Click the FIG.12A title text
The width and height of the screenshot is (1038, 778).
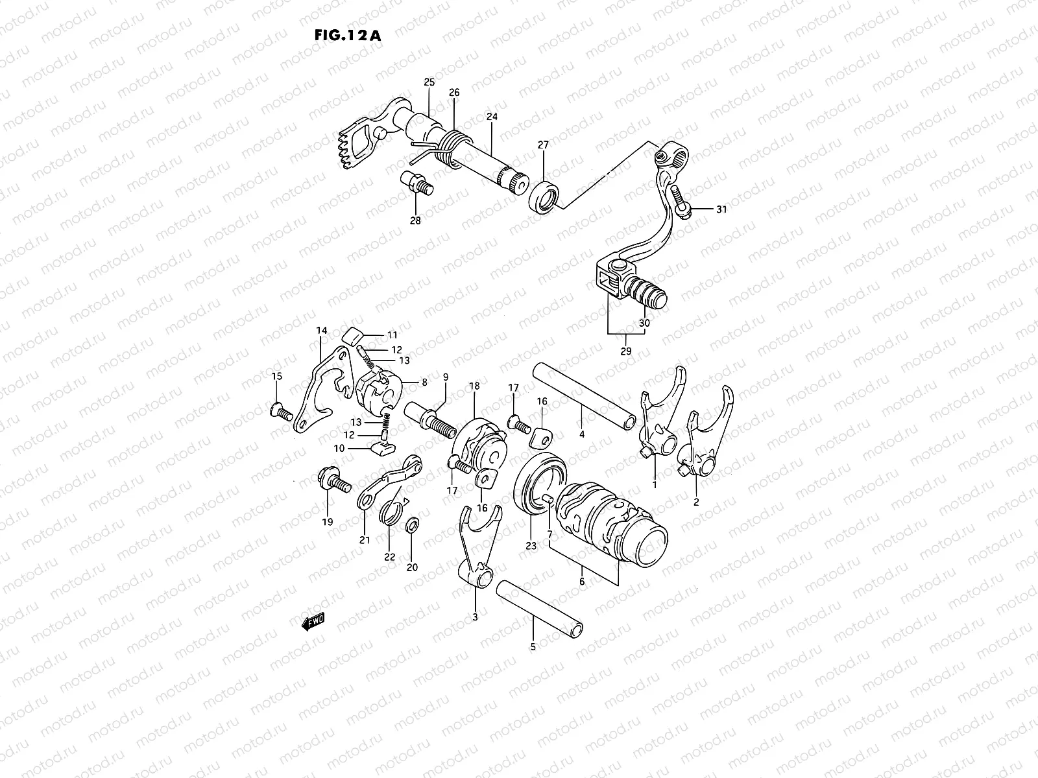(x=346, y=35)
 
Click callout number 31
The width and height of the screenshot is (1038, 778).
(x=722, y=209)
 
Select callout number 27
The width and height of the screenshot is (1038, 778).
(x=543, y=146)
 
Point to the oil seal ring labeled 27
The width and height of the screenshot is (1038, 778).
(x=544, y=196)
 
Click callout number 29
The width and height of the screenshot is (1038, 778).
(x=626, y=351)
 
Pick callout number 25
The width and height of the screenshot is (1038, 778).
(x=429, y=82)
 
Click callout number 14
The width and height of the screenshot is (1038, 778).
(x=322, y=331)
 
